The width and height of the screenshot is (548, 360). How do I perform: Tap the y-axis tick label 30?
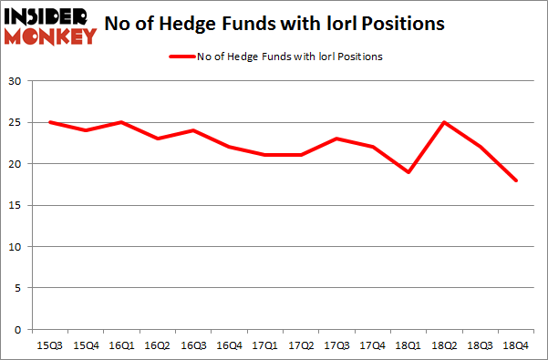pyautogui.click(x=16, y=81)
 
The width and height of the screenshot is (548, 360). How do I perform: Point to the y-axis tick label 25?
pyautogui.click(x=16, y=122)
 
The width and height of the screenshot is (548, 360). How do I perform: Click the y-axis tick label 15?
pyautogui.click(x=16, y=205)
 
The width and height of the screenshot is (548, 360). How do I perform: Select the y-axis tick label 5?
pyautogui.click(x=19, y=288)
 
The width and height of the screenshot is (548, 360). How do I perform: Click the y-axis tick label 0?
pyautogui.click(x=19, y=330)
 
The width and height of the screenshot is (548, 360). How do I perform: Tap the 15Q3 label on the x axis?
pyautogui.click(x=50, y=345)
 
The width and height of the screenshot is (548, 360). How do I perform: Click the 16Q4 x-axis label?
pyautogui.click(x=229, y=345)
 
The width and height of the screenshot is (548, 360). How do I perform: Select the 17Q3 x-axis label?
pyautogui.click(x=336, y=345)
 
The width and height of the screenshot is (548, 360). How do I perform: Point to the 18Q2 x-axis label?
pyautogui.click(x=444, y=345)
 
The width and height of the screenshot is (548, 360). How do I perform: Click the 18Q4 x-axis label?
pyautogui.click(x=516, y=345)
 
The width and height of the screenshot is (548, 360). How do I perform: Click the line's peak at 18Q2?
pyautogui.click(x=444, y=122)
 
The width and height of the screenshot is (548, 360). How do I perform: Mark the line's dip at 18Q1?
pyautogui.click(x=408, y=172)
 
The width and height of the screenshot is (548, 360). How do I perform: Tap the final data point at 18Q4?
pyautogui.click(x=516, y=180)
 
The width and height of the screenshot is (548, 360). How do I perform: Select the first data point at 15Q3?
pyautogui.click(x=50, y=122)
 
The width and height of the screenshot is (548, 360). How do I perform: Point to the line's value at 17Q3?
pyautogui.click(x=336, y=139)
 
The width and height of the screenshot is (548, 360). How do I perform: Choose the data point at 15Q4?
pyautogui.click(x=86, y=130)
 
